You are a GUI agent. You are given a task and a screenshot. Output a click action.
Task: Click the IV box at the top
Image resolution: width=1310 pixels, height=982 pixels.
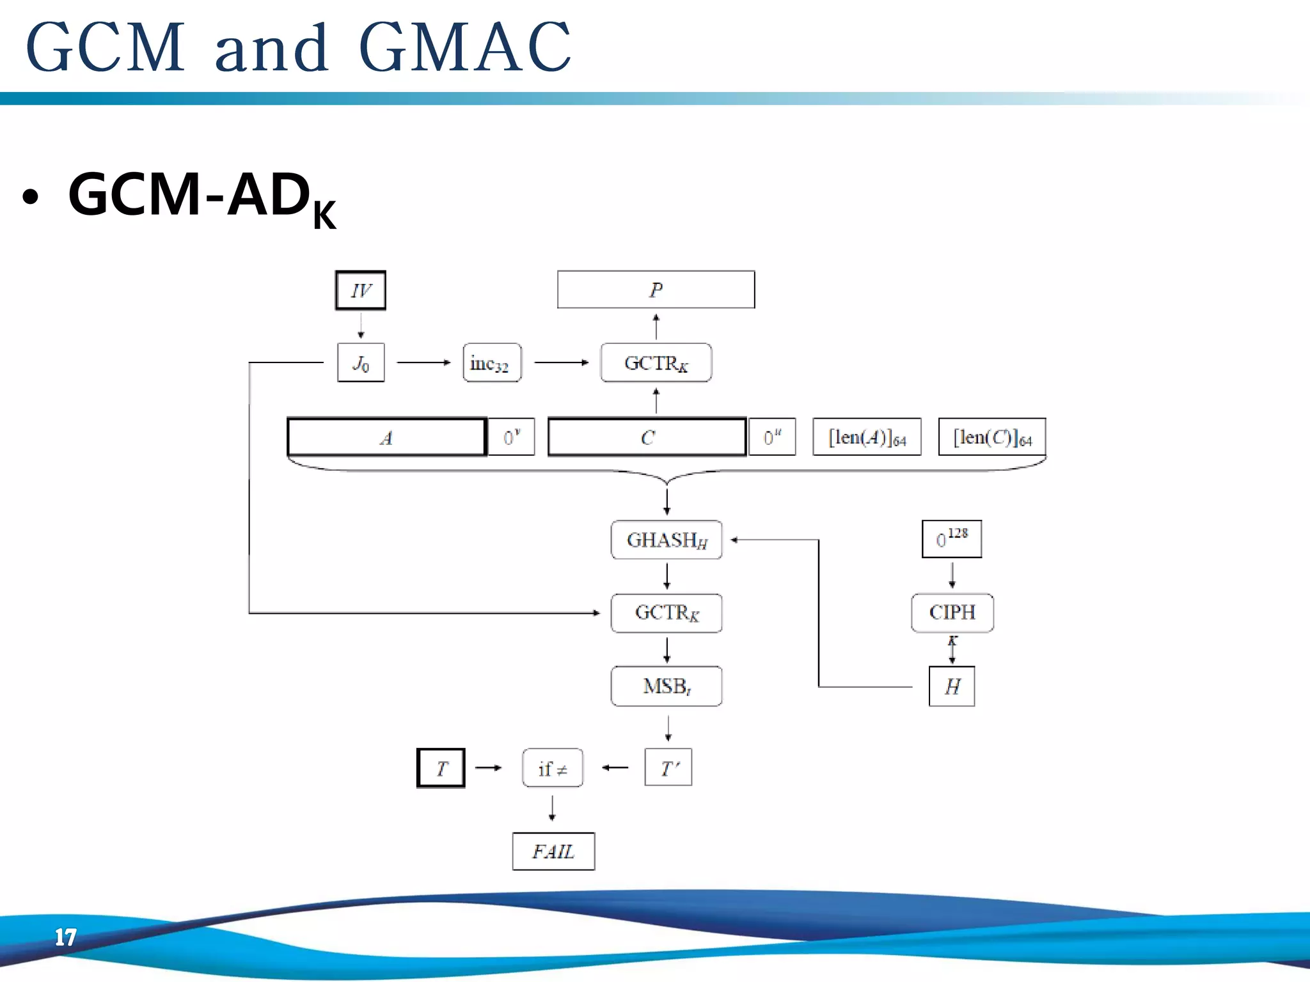pyautogui.click(x=361, y=290)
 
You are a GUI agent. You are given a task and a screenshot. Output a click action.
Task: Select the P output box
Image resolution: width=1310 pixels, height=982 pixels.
pyautogui.click(x=656, y=290)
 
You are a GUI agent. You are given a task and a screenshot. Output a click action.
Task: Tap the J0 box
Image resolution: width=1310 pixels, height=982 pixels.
pyautogui.click(x=361, y=362)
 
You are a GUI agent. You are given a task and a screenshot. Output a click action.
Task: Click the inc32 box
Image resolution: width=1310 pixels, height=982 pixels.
pyautogui.click(x=492, y=362)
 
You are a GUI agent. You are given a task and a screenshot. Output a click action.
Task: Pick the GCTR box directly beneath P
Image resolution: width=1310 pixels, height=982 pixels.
pyautogui.click(x=656, y=362)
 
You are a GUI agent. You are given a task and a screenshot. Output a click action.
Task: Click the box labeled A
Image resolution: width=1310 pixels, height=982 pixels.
pyautogui.click(x=387, y=437)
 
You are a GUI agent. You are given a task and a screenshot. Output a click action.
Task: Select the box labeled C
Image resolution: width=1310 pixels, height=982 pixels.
pyautogui.click(x=647, y=437)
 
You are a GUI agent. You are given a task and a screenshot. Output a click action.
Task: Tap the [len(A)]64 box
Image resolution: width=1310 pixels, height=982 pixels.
pyautogui.click(x=867, y=437)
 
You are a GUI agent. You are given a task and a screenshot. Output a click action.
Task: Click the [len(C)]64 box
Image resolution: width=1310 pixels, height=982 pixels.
pyautogui.click(x=992, y=437)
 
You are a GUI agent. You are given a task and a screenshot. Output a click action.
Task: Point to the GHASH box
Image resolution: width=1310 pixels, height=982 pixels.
pyautogui.click(x=667, y=540)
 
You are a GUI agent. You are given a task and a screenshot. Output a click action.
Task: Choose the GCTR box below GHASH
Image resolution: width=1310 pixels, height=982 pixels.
pyautogui.click(x=667, y=612)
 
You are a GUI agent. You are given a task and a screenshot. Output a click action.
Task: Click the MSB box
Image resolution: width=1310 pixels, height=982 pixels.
pyautogui.click(x=667, y=686)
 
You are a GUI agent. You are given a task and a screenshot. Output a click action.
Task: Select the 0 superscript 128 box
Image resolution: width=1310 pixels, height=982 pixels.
pyautogui.click(x=951, y=539)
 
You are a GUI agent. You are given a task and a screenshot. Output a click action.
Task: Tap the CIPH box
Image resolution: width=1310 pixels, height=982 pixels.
pyautogui.click(x=952, y=612)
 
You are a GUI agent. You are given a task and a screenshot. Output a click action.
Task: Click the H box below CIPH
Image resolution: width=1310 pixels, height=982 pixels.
pyautogui.click(x=952, y=686)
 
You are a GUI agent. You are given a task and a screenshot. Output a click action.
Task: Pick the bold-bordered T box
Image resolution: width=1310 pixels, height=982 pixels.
pyautogui.click(x=441, y=768)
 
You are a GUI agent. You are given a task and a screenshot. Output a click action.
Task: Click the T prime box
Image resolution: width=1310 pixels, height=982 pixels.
pyautogui.click(x=668, y=767)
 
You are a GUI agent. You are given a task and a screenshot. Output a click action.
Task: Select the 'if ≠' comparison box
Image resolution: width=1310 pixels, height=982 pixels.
pyautogui.click(x=553, y=768)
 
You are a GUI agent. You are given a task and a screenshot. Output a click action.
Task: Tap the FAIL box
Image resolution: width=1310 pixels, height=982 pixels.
pyautogui.click(x=553, y=851)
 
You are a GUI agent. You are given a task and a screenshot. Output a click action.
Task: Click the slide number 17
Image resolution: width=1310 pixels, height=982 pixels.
pyautogui.click(x=65, y=937)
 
